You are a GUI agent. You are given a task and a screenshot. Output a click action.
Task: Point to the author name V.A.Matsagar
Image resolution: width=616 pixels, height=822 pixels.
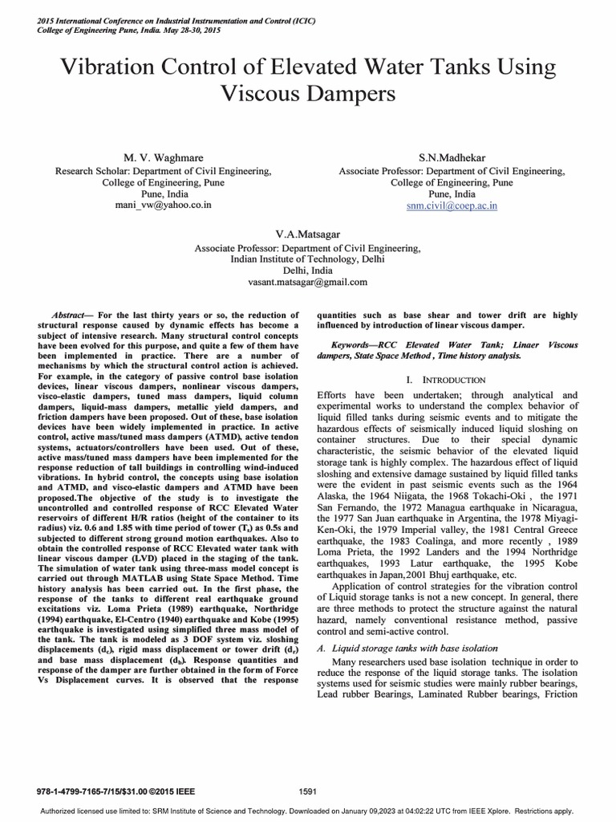click(x=309, y=235)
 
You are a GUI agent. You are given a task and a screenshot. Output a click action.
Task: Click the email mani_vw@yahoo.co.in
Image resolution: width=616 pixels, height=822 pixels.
click(x=163, y=205)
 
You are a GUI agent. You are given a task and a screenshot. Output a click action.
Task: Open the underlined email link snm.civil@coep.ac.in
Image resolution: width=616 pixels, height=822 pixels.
click(x=452, y=205)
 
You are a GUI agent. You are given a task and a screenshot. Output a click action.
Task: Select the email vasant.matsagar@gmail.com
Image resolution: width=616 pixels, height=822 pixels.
click(x=309, y=282)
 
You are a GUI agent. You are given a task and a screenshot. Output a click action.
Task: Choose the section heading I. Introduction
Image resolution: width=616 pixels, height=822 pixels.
click(x=447, y=378)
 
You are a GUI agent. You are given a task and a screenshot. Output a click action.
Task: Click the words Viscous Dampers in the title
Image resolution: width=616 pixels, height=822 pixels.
click(x=308, y=94)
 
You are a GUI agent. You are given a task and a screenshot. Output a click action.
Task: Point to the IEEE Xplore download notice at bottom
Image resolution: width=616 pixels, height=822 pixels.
click(x=307, y=810)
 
